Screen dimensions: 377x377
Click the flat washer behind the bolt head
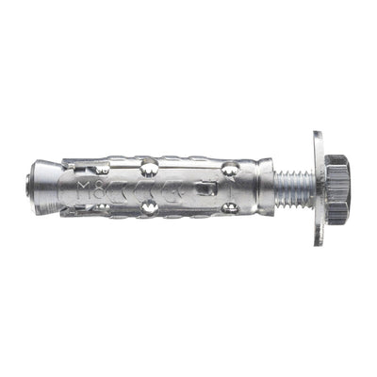click(x=319, y=188)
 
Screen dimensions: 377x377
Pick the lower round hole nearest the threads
click(x=229, y=206)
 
